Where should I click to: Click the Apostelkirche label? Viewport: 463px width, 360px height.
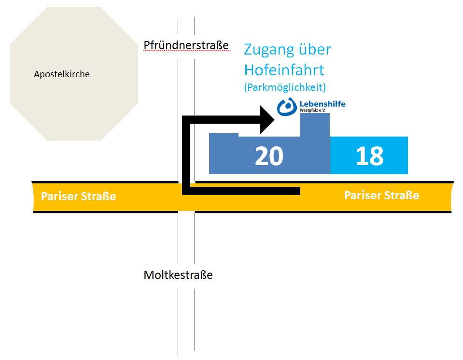pos(62,74)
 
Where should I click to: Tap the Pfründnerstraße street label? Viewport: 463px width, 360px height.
pos(186,45)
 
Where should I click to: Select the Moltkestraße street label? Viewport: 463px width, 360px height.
pos(178,275)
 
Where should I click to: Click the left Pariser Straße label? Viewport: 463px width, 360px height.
pos(78,196)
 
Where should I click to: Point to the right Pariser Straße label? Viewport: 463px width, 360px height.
pos(381,195)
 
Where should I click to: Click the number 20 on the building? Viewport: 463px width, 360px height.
pos(269,156)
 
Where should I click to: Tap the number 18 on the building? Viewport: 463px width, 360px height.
pos(369,156)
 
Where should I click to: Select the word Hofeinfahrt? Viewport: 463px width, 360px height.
pos(284,70)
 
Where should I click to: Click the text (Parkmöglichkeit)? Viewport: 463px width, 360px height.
pos(285,87)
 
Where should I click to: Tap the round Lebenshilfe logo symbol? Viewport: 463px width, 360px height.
pos(287,107)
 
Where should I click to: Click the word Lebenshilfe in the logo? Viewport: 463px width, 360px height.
pos(323,104)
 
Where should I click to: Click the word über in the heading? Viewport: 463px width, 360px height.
pos(315,50)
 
